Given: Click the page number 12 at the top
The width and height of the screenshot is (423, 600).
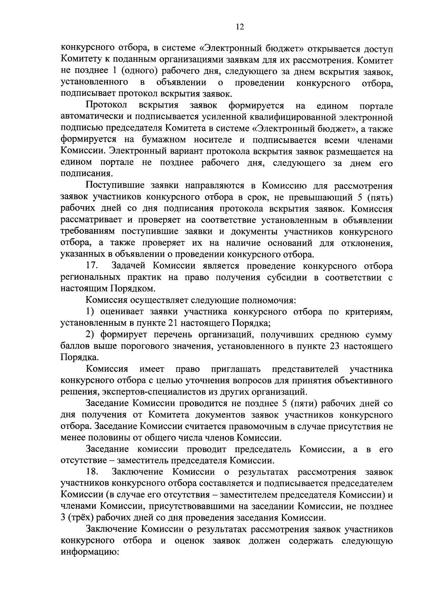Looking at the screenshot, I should [240, 27].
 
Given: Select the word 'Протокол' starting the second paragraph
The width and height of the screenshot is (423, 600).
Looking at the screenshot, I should [106, 105].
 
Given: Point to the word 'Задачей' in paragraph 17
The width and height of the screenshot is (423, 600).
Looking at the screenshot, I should [129, 265].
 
